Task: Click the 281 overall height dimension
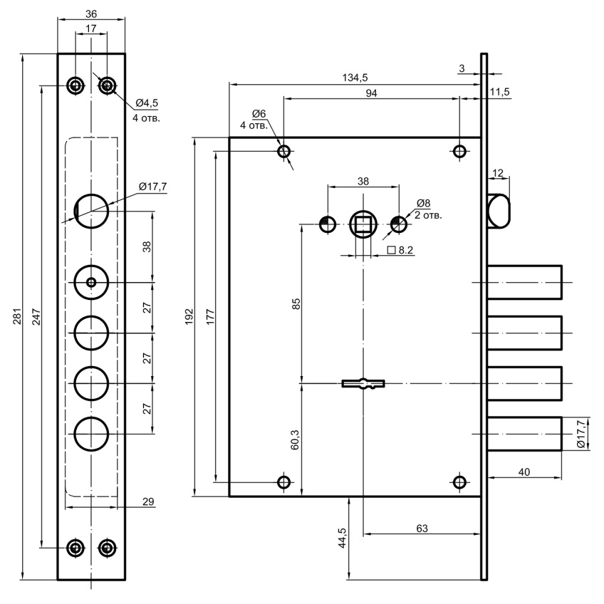point(16,318)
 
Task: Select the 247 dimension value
point(36,318)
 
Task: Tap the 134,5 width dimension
point(354,77)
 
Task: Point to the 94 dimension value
point(370,94)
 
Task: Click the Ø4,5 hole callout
point(146,103)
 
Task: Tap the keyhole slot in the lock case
point(363,384)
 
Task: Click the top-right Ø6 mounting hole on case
point(460,151)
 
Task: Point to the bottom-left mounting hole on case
point(284,482)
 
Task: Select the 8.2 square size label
point(403,251)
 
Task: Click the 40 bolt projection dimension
point(524,471)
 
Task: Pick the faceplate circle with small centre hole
point(91,283)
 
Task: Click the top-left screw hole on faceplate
point(75,85)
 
